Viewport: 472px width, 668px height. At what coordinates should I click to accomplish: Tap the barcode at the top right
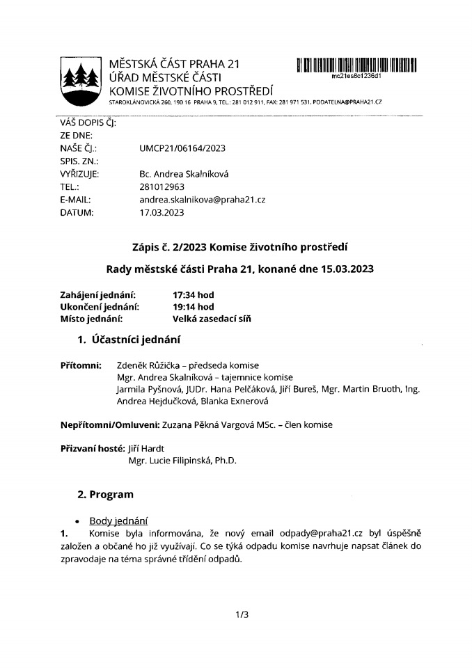(356, 65)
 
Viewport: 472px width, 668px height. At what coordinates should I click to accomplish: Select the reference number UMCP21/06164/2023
(182, 148)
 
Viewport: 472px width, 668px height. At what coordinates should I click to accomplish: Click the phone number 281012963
(162, 187)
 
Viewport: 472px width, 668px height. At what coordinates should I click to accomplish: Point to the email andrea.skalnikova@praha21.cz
(203, 200)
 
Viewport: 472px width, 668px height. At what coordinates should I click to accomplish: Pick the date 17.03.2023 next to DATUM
(162, 213)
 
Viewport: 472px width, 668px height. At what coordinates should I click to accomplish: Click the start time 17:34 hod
(194, 294)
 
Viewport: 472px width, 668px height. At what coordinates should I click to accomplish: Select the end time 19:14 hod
(194, 307)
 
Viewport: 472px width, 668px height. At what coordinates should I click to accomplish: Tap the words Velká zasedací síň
(212, 319)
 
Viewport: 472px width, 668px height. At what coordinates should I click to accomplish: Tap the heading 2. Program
(105, 495)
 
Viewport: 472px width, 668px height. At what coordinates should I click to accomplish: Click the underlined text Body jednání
(118, 521)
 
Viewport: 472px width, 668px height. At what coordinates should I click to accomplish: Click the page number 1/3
(242, 614)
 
